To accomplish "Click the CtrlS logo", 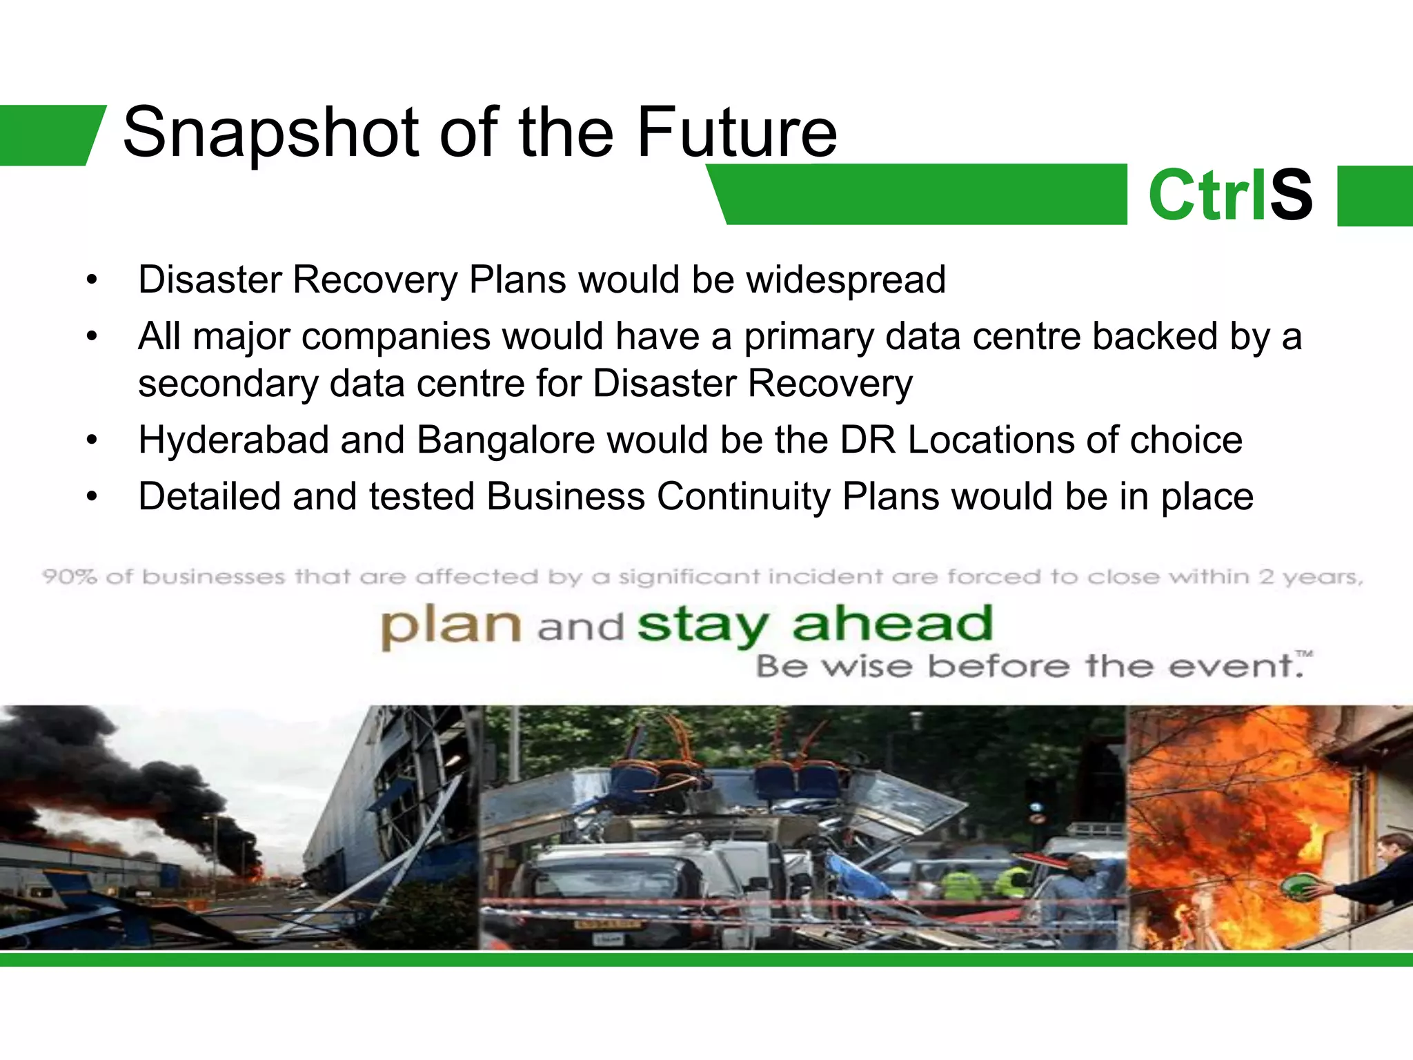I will pyautogui.click(x=1230, y=195).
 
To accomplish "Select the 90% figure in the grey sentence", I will pyautogui.click(x=69, y=576).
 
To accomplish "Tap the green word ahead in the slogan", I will pyautogui.click(x=892, y=624).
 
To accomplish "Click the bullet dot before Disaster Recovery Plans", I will pyautogui.click(x=92, y=281).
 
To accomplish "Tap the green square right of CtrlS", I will pyautogui.click(x=1374, y=195).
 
